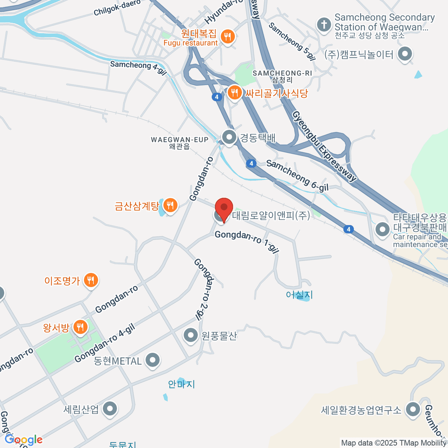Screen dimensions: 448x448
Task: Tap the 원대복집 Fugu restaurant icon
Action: point(227,37)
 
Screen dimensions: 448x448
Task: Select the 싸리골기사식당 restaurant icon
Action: point(234,93)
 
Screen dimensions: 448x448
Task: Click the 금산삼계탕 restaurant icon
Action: point(170,205)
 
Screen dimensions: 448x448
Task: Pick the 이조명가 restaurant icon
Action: point(91,280)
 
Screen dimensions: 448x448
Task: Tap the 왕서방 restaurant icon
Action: point(80,327)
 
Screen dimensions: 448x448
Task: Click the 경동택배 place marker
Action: point(229,137)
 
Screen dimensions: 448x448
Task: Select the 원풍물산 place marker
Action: point(191,335)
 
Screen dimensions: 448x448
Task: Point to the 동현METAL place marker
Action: point(152,361)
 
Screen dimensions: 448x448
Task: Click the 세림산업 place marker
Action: point(110,409)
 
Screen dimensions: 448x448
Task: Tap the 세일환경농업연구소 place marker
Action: point(413,410)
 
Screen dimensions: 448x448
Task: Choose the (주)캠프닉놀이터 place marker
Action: point(405,55)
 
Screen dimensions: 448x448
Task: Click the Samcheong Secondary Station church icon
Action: point(324,25)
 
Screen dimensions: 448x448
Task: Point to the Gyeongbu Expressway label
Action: point(324,146)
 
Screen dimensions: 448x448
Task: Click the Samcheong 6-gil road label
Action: point(297,175)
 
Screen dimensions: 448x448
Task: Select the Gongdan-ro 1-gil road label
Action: point(247,241)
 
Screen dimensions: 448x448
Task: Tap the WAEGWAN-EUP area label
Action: point(180,143)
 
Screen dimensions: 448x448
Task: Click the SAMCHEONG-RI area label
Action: point(282,76)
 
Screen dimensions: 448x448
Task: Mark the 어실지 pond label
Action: point(299,295)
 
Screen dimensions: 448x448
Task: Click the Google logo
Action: point(24,439)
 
